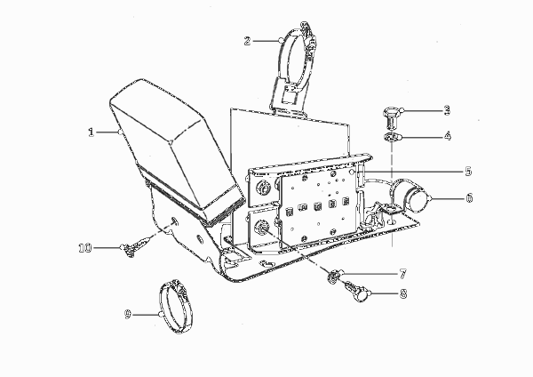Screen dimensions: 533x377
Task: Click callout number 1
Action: point(91,132)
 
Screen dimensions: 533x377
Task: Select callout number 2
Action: point(247,41)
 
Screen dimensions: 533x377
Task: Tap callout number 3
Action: point(447,110)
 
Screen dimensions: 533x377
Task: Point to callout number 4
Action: point(448,136)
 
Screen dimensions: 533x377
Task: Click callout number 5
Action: point(468,171)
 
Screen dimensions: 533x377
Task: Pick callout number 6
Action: point(469,197)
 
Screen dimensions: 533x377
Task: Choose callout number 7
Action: point(402,274)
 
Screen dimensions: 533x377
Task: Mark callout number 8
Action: point(403,293)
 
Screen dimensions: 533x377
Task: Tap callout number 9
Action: point(127,314)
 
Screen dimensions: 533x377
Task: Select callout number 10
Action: point(85,248)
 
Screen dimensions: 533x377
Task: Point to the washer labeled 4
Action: point(391,138)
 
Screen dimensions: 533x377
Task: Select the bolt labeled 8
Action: point(357,292)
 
